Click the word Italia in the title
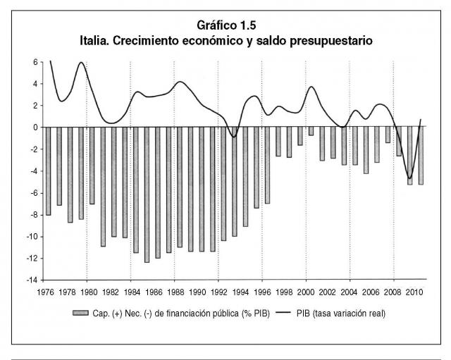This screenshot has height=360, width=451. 94,41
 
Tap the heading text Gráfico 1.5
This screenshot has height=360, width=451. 226,25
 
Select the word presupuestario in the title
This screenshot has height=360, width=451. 330,42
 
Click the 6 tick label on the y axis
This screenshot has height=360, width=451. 36,62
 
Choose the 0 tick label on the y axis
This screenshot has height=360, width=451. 36,128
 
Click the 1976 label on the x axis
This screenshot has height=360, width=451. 45,292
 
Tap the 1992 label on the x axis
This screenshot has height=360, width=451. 219,292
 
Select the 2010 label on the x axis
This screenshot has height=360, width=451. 414,292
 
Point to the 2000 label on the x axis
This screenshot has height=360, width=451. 305,292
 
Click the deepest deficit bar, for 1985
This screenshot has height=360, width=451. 147,194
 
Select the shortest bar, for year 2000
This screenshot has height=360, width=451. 311,131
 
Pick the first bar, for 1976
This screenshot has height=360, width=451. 49,171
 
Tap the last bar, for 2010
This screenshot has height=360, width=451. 421,156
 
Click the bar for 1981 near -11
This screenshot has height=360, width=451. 104,187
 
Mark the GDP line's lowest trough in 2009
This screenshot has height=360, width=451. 409,178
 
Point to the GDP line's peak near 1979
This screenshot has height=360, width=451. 82,63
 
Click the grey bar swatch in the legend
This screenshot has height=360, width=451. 80,313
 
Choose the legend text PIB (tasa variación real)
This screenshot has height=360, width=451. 341,314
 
